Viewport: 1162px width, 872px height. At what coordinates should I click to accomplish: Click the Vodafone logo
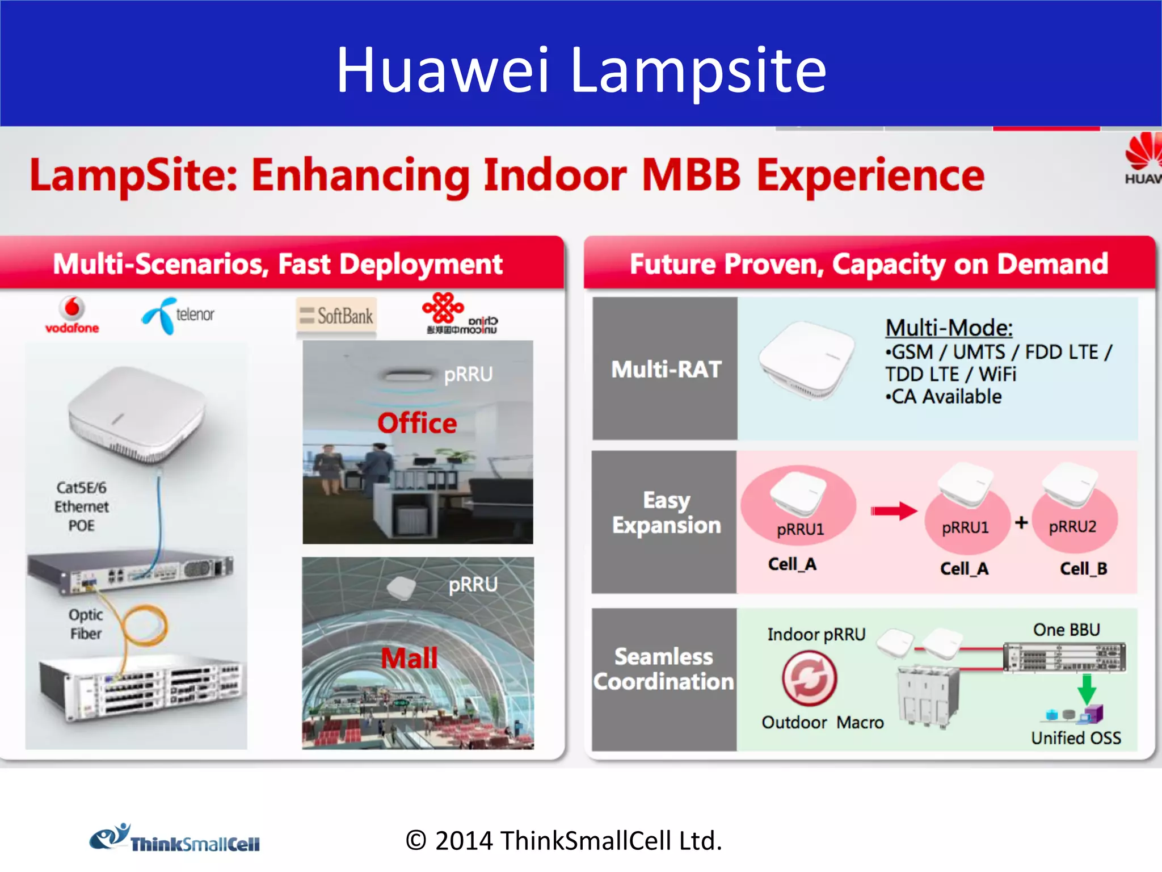[72, 315]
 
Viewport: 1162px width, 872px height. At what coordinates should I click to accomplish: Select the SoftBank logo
[336, 316]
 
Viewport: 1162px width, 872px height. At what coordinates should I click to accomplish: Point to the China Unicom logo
[460, 314]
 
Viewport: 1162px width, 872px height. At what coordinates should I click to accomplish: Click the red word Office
[417, 424]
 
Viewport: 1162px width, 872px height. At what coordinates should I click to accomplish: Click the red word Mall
[409, 659]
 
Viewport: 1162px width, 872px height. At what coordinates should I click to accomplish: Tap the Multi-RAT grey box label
[666, 370]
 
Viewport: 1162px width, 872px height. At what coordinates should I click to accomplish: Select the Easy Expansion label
[666, 513]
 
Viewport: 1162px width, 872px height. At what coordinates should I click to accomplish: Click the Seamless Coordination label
[664, 669]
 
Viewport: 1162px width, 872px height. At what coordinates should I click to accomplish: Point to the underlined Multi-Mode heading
[949, 328]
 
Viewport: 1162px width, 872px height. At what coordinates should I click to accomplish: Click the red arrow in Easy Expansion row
[894, 511]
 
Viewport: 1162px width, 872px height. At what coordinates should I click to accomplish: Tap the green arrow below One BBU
[1086, 689]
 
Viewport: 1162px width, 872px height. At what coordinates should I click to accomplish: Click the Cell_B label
[1083, 568]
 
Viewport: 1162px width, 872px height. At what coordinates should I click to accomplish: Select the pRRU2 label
[1072, 527]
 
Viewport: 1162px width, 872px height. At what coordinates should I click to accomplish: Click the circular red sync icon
[809, 678]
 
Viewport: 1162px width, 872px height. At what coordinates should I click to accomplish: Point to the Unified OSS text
[1076, 737]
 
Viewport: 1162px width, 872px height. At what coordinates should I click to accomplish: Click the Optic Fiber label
[86, 624]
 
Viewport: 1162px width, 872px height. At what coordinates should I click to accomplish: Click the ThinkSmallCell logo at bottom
[175, 839]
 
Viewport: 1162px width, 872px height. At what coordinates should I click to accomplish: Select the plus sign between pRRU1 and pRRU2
[1021, 522]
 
